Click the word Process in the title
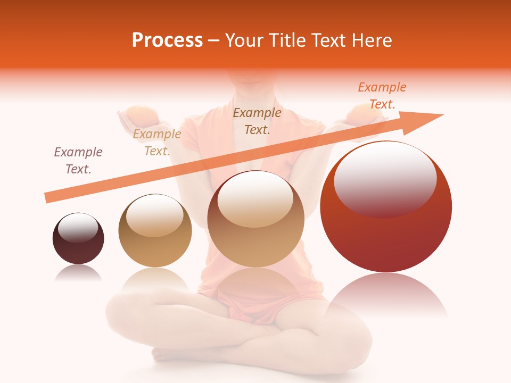167,40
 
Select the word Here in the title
370,40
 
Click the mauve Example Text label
78,161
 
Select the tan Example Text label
157,143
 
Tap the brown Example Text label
257,121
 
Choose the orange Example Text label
382,96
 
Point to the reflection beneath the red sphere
386,295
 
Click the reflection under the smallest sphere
78,272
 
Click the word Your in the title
243,40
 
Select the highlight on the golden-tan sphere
154,215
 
